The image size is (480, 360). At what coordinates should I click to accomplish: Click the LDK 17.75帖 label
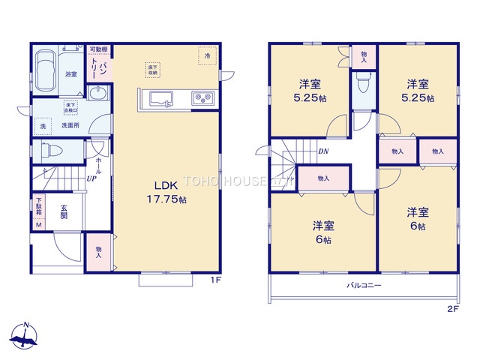(x=170, y=193)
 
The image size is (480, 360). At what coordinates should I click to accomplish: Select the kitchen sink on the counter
(x=161, y=98)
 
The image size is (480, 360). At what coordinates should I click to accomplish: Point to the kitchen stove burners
(x=203, y=97)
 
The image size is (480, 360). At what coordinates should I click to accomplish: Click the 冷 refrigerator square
(x=205, y=55)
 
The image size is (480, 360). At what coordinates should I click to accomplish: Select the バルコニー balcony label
(x=364, y=286)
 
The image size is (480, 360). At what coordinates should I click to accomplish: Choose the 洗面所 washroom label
(x=70, y=125)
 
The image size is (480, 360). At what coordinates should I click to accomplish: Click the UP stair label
(x=90, y=179)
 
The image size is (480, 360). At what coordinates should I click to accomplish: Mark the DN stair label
(x=322, y=151)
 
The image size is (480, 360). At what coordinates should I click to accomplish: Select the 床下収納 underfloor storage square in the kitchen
(x=153, y=69)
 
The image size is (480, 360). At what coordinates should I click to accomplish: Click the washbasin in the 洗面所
(x=98, y=92)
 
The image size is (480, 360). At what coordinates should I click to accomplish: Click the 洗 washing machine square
(x=43, y=125)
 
